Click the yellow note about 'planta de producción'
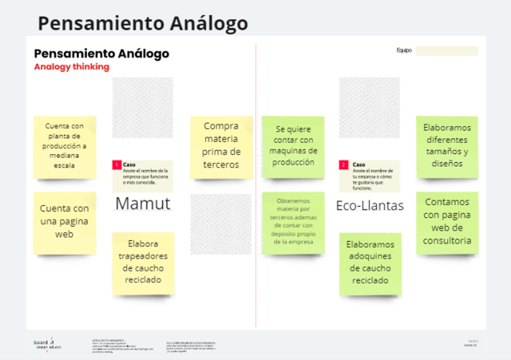pos(65,146)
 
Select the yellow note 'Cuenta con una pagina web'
pos(65,220)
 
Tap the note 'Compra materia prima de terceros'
pos(221,145)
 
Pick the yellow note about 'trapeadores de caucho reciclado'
pos(143,263)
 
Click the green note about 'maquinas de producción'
pos(294,144)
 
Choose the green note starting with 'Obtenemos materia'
pos(293,221)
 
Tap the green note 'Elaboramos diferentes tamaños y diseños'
pos(447,144)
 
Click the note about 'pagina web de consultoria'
pos(447,221)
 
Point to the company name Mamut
pos(143,204)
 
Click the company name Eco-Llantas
pos(370,205)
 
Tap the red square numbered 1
pos(117,165)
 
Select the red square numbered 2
pos(343,165)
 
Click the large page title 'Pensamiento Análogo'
pos(143,23)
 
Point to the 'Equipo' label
pos(403,51)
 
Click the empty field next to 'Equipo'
pos(446,51)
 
